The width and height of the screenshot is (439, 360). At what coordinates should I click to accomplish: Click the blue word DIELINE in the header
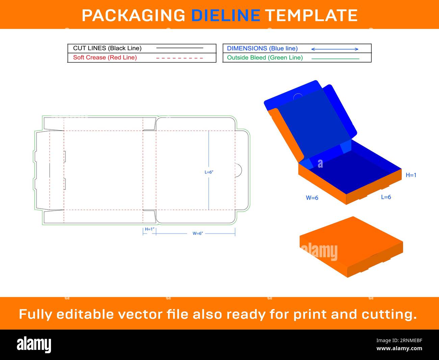pyautogui.click(x=226, y=16)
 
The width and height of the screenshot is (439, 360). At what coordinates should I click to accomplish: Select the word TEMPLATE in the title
pyautogui.click(x=312, y=16)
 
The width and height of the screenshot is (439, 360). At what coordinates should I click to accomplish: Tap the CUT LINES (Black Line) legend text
pyautogui.click(x=107, y=48)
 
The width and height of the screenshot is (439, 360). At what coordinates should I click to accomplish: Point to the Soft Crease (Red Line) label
pyautogui.click(x=105, y=57)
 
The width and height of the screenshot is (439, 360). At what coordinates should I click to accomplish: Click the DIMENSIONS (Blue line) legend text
pyautogui.click(x=262, y=48)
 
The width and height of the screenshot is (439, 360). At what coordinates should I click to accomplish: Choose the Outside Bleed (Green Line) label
pyautogui.click(x=265, y=58)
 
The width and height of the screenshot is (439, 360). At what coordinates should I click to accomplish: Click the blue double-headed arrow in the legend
pyautogui.click(x=335, y=49)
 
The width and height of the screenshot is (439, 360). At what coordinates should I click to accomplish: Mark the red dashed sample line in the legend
pyautogui.click(x=179, y=58)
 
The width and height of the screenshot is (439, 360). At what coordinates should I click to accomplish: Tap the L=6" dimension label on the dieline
pyautogui.click(x=209, y=172)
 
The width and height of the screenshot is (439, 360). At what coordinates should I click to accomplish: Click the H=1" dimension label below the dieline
pyautogui.click(x=150, y=229)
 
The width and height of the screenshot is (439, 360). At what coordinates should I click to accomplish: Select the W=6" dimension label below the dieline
pyautogui.click(x=198, y=233)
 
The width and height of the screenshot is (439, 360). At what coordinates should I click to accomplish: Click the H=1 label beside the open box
pyautogui.click(x=411, y=175)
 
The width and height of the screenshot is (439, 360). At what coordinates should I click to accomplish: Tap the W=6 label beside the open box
pyautogui.click(x=312, y=198)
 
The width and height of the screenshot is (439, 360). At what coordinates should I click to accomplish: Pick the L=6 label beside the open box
pyautogui.click(x=386, y=197)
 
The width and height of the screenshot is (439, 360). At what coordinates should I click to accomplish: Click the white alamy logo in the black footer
pyautogui.click(x=34, y=344)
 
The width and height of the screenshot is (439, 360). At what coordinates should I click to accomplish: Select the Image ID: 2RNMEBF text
pyautogui.click(x=399, y=340)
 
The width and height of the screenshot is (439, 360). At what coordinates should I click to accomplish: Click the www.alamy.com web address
pyautogui.click(x=399, y=348)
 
